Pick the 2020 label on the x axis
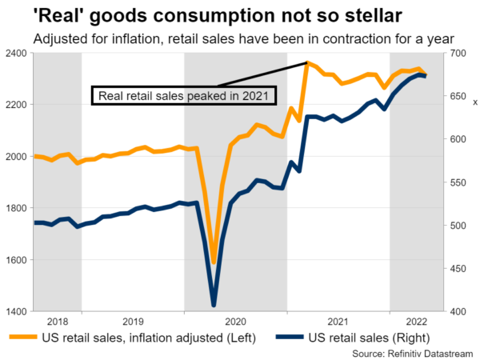click(x=235, y=318)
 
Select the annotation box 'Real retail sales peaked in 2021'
click(x=184, y=96)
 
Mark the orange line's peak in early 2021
click(x=307, y=62)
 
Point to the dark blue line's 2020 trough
click(x=214, y=305)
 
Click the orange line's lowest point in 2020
click(x=214, y=262)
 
